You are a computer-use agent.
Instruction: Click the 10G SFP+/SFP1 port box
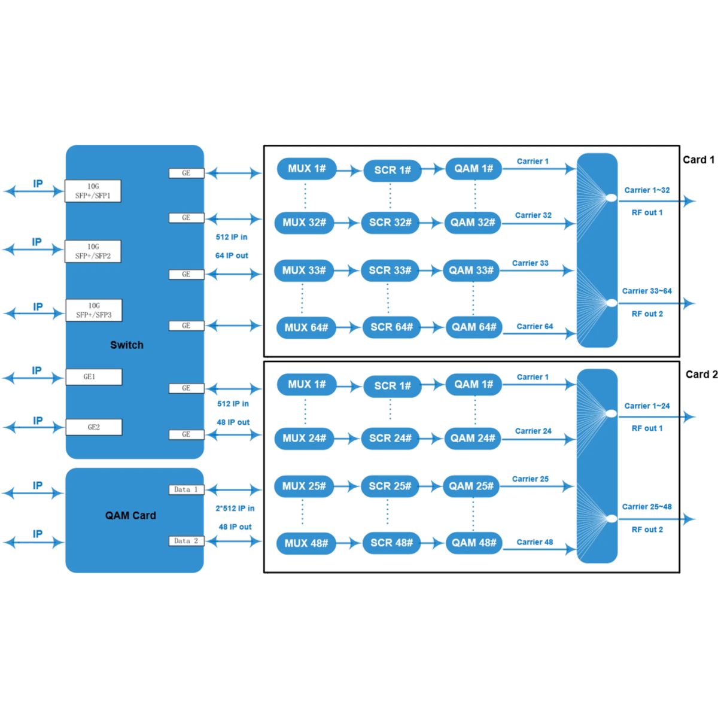click(x=93, y=191)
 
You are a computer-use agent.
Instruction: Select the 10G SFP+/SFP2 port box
click(x=93, y=251)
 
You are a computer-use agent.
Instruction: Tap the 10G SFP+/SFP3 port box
click(x=93, y=310)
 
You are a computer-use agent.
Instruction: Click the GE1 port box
click(x=93, y=377)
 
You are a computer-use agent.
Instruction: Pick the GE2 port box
click(x=93, y=427)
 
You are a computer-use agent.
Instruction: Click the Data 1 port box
click(x=186, y=489)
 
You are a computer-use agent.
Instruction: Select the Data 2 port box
click(x=186, y=541)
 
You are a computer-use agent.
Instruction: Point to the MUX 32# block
click(x=304, y=223)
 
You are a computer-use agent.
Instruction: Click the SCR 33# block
click(x=390, y=270)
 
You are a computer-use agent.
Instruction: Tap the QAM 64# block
click(x=473, y=327)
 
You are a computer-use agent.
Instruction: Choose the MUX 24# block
click(x=304, y=438)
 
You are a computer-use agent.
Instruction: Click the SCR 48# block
click(x=391, y=543)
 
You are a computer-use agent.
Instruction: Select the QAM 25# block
click(x=471, y=486)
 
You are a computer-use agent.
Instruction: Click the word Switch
click(x=127, y=345)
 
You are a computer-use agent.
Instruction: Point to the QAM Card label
click(x=130, y=516)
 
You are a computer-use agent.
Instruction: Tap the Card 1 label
click(x=698, y=160)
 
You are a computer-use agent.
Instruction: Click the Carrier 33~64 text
click(x=647, y=291)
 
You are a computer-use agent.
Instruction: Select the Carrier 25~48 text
click(x=647, y=507)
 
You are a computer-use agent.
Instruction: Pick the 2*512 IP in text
click(x=235, y=509)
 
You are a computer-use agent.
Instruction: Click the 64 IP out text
click(x=232, y=255)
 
